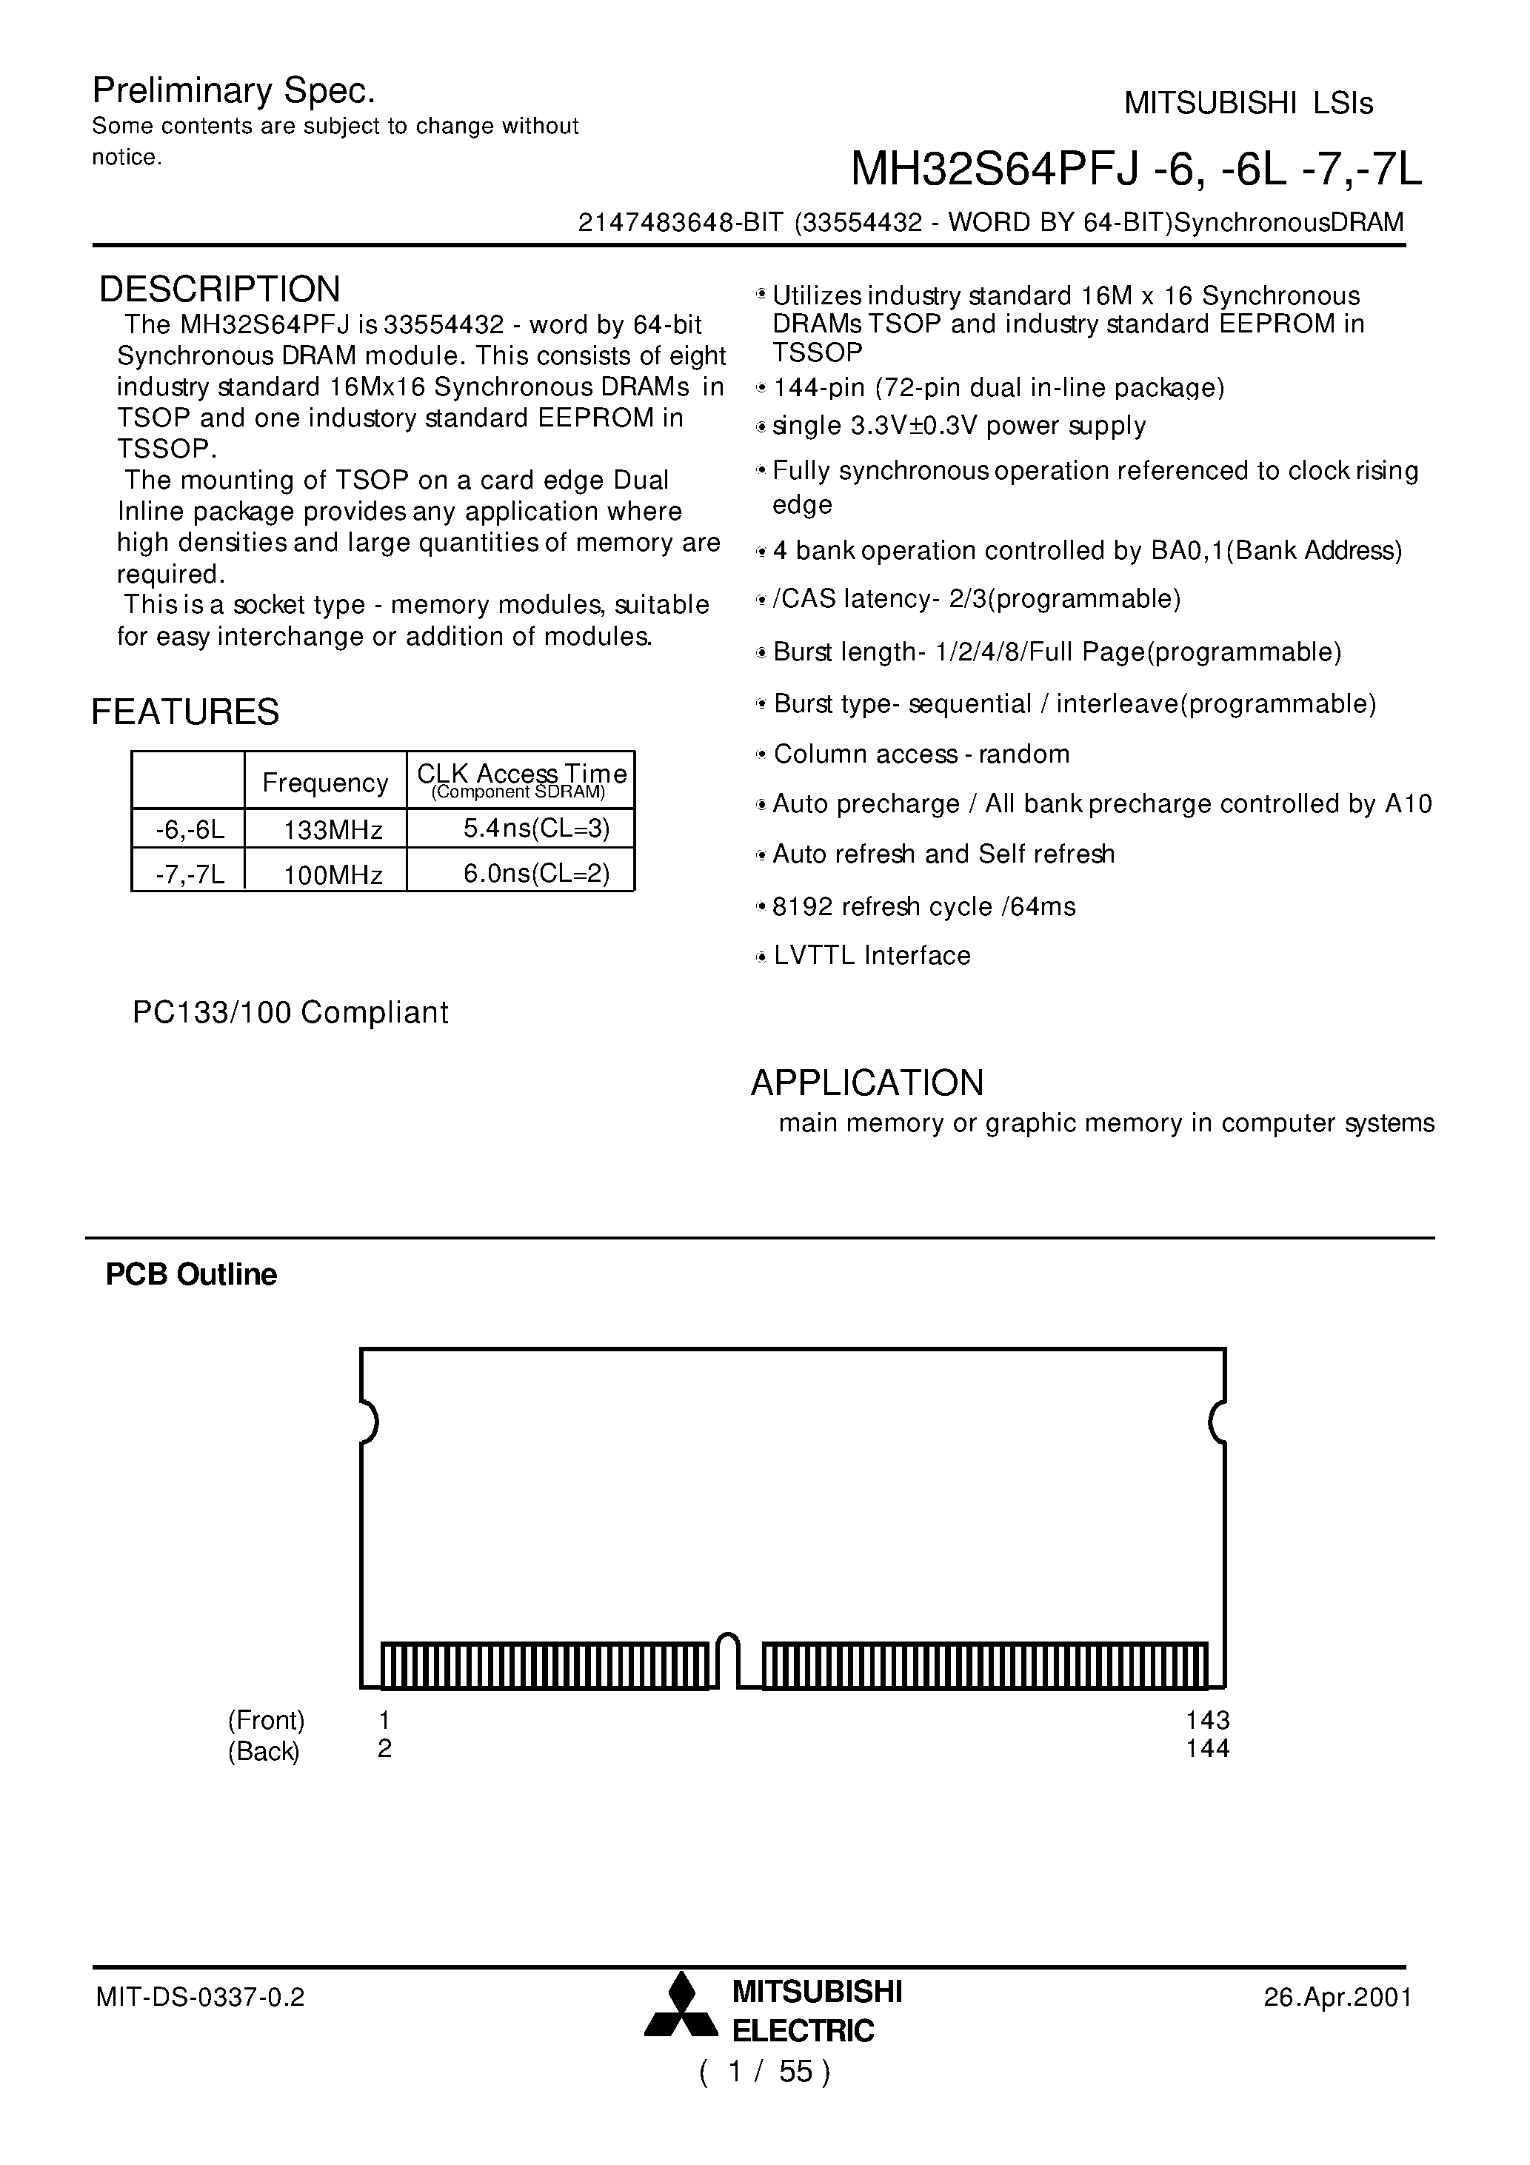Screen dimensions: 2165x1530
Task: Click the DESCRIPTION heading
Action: coord(220,290)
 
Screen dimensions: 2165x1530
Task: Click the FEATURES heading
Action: coord(185,712)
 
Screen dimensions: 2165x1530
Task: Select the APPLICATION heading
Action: coord(867,1082)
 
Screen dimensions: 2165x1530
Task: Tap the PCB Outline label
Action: coord(192,1275)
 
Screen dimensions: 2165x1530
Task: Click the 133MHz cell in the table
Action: coord(333,831)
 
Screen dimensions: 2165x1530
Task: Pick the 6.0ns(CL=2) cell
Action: coord(535,874)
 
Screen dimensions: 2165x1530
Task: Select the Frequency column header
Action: coord(324,783)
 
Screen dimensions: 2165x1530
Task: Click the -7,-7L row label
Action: coord(190,875)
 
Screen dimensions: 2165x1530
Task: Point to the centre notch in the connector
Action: coord(727,1659)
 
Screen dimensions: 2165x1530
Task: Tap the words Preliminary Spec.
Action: coord(234,92)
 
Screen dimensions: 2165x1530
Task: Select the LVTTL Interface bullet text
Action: coord(872,956)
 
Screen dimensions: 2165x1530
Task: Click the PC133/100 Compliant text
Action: coord(290,1013)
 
